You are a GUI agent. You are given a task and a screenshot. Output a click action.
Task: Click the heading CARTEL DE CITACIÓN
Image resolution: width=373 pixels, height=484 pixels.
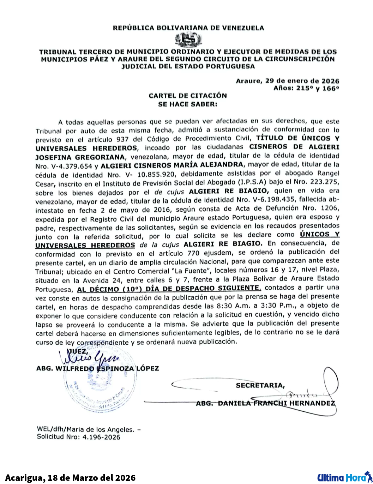pos(187,96)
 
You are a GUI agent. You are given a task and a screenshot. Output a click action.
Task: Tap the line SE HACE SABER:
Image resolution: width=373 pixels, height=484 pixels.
pos(187,104)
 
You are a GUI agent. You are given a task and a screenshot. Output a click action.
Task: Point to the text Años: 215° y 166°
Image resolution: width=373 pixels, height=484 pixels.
pos(306,88)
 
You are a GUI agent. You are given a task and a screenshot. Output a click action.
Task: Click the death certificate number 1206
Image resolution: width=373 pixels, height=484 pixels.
pos(329,209)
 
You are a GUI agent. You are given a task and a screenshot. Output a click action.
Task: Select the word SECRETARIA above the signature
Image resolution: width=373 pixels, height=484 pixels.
pos(260,385)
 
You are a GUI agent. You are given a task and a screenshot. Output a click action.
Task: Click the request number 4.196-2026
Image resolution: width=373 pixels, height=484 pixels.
pos(101,437)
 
